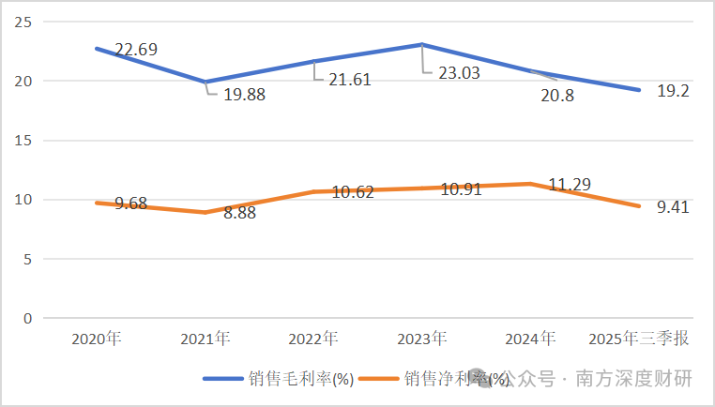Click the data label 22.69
[136, 49]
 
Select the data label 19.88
[244, 94]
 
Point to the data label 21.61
[350, 80]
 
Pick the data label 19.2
[672, 92]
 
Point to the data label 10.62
[352, 192]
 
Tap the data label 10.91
[460, 188]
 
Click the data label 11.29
[569, 185]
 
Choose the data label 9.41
[672, 207]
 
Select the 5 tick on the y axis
[27, 259]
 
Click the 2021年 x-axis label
[204, 338]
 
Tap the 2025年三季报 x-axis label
[636, 338]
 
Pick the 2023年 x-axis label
[420, 338]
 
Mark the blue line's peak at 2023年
[421, 44]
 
